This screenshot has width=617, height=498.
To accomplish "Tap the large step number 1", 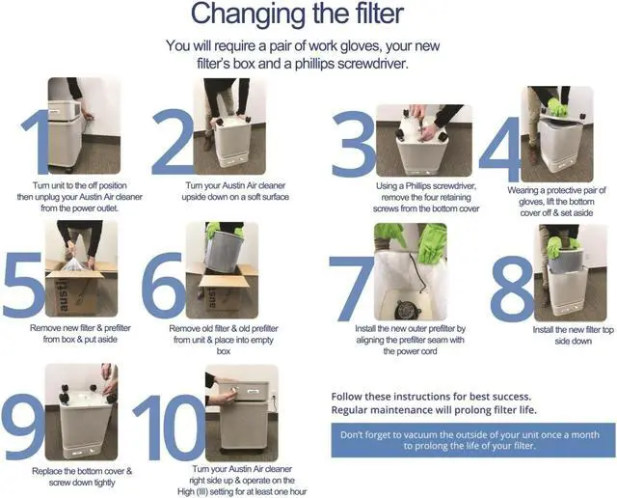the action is coord(36,141).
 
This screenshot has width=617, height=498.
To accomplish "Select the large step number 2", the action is coord(174,142).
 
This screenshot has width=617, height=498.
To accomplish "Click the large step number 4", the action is coord(499,149).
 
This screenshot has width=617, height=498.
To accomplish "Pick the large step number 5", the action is coord(24,285).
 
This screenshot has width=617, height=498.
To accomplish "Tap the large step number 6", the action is coord(163,286).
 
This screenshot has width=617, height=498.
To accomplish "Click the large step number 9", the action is coord(23,428).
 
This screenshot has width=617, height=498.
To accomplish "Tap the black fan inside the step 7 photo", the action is coord(408,310).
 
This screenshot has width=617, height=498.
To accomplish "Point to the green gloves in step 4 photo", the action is coord(557,106).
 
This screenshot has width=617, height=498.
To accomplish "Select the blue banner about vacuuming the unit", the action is coord(472,440).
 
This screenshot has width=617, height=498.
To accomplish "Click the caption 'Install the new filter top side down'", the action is coord(573,335).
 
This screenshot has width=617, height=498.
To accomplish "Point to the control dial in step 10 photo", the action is coord(234,389).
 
